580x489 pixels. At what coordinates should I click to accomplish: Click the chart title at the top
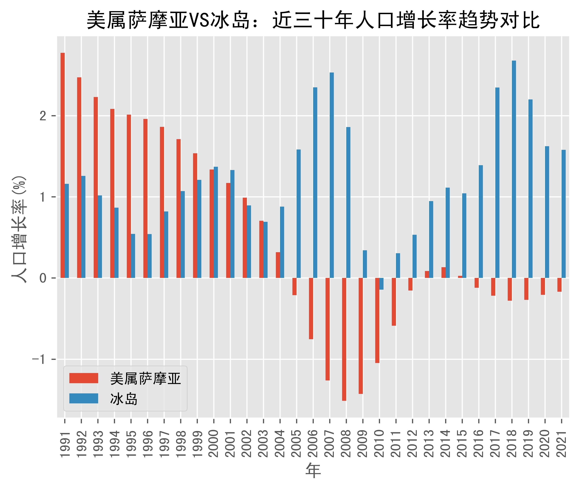[x=313, y=20]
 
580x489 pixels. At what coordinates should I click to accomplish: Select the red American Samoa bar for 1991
[x=63, y=165]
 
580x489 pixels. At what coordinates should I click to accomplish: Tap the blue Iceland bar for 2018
[x=514, y=169]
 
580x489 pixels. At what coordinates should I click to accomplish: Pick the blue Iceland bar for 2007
[x=332, y=175]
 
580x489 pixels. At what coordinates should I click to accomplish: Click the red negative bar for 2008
[x=344, y=339]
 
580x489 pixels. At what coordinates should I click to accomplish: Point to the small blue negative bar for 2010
[x=381, y=284]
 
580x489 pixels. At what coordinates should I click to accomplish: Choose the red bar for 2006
[x=311, y=308]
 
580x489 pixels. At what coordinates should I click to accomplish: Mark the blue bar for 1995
[x=133, y=256]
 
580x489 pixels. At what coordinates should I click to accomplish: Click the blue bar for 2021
[x=564, y=214]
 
